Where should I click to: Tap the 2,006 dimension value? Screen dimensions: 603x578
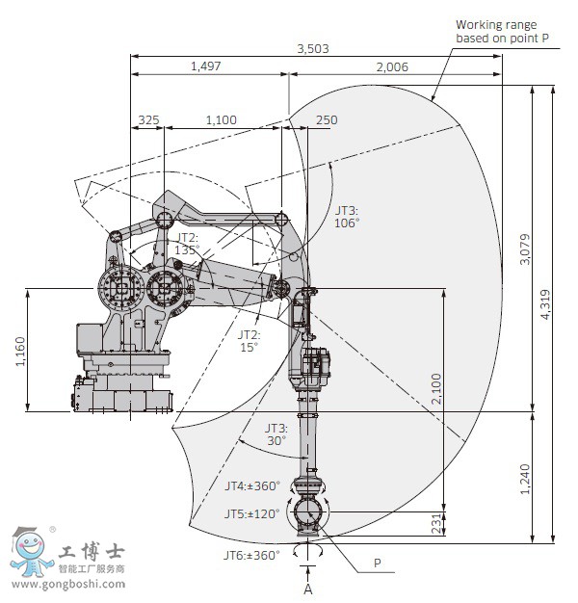(393, 66)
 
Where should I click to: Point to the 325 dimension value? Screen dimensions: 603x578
(148, 119)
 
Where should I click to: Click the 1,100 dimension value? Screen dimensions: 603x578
(221, 119)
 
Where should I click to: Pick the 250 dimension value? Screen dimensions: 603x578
(327, 119)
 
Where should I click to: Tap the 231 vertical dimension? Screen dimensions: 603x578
(436, 522)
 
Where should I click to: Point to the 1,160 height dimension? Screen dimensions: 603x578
(21, 349)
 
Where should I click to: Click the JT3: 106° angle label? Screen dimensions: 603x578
(347, 216)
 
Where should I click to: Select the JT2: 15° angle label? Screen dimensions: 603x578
(250, 341)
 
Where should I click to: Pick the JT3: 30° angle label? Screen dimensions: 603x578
(276, 434)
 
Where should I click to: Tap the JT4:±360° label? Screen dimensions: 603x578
(251, 486)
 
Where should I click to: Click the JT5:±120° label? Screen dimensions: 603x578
(251, 514)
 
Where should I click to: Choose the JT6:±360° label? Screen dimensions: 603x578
(251, 555)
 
